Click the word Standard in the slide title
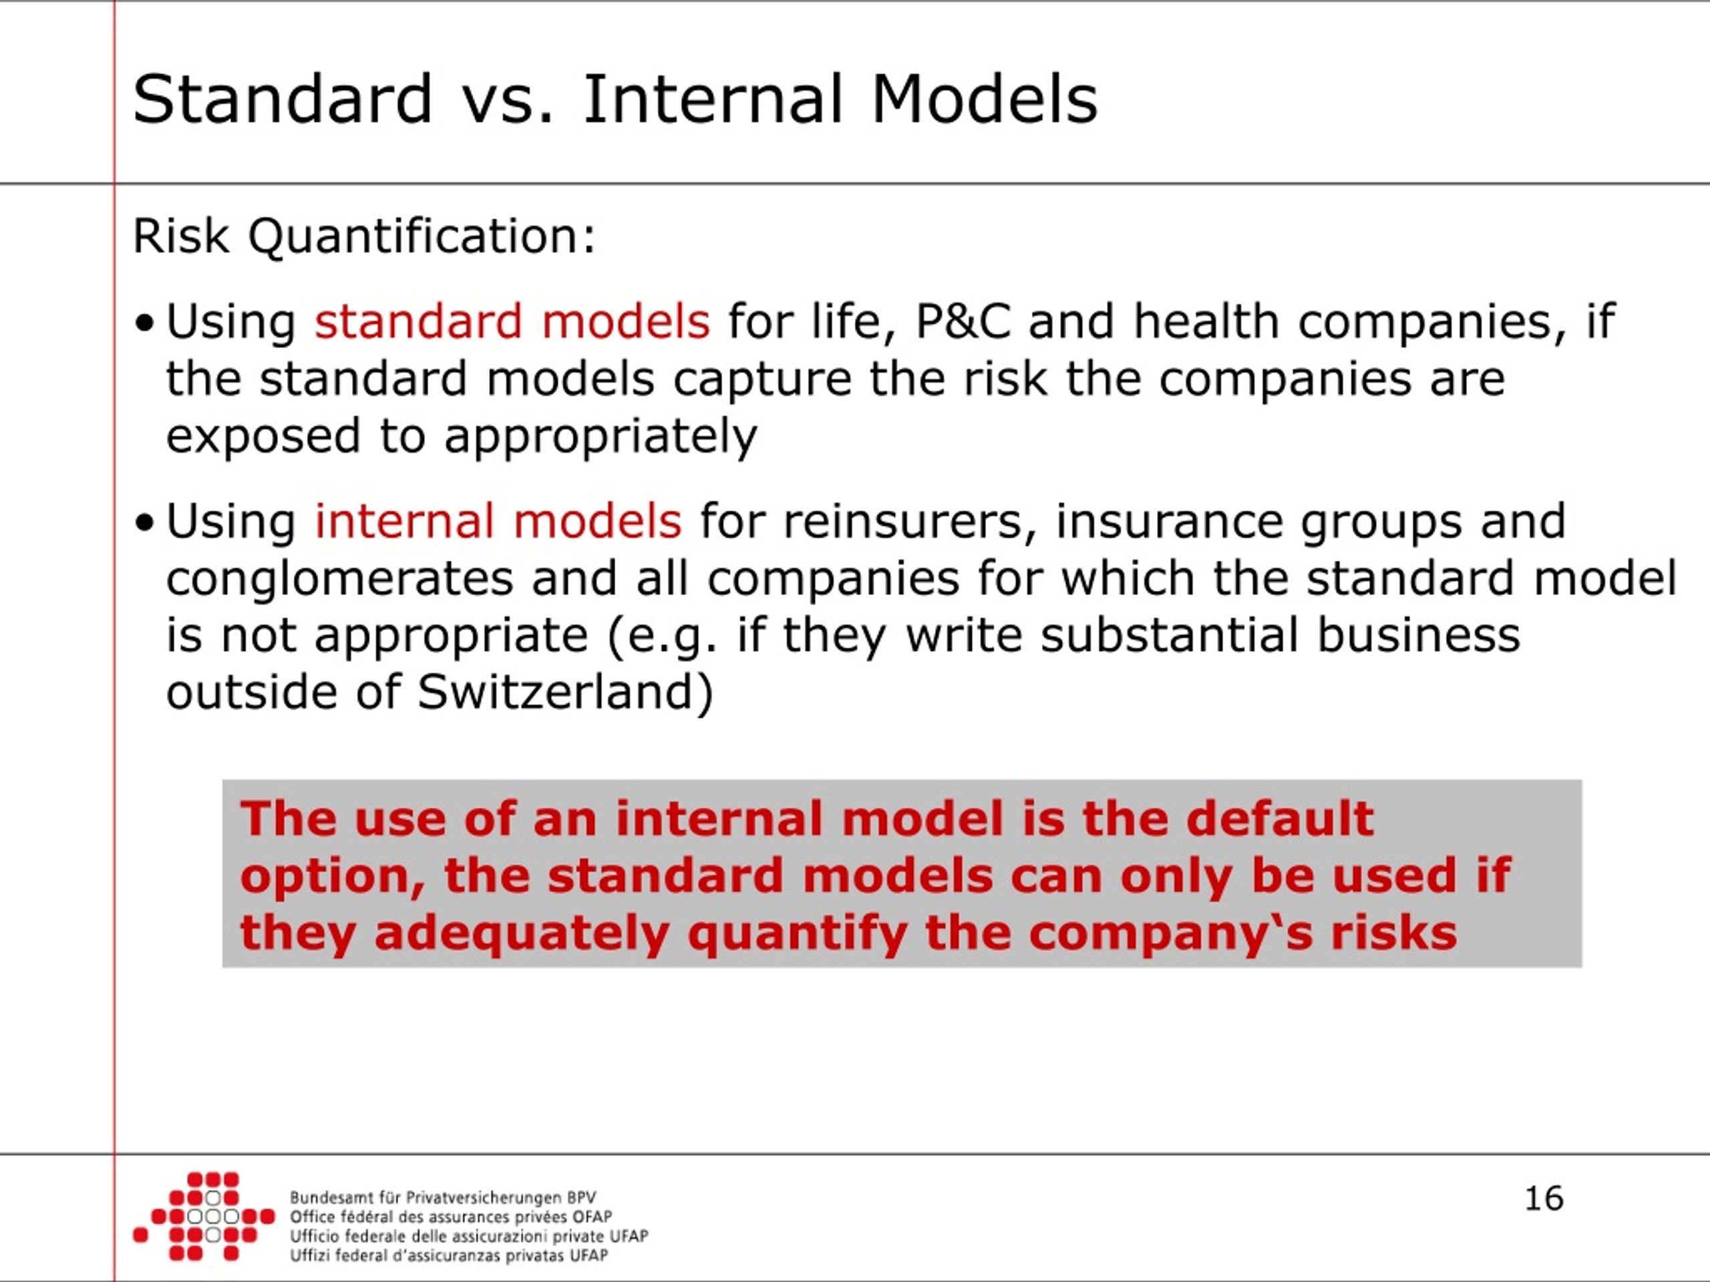pos(282,99)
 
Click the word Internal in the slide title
pos(711,99)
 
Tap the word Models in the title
pos(984,99)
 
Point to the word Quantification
pos(421,236)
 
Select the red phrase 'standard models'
pos(512,321)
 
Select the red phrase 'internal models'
pos(498,521)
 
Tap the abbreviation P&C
pos(963,321)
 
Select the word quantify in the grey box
pos(797,933)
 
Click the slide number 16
pos(1544,1199)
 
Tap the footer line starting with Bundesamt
pos(443,1198)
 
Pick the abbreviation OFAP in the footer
pos(592,1217)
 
